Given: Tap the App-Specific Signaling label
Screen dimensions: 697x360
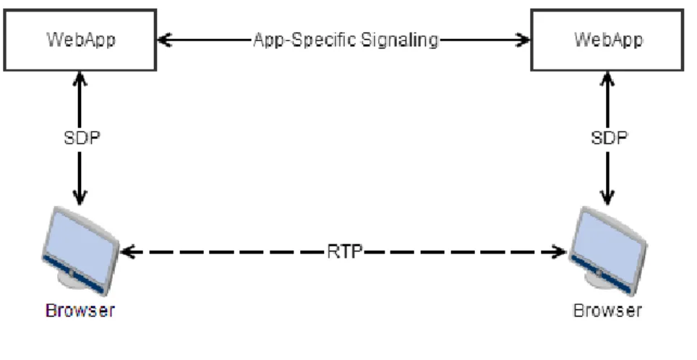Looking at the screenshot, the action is [x=346, y=40].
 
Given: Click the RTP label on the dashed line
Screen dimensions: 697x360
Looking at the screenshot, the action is [x=344, y=252].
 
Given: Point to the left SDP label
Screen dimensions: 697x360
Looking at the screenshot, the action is [x=82, y=138].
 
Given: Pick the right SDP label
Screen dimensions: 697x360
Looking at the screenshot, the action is [x=609, y=138].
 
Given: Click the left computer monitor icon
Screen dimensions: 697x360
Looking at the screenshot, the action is [x=80, y=251].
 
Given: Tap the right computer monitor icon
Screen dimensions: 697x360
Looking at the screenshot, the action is [x=607, y=251].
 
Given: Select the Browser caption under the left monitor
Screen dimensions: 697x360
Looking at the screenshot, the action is [x=80, y=310].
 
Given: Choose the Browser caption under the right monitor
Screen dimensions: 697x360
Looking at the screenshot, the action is [x=607, y=310].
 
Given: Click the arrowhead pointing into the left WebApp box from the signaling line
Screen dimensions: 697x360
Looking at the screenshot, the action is [x=164, y=40].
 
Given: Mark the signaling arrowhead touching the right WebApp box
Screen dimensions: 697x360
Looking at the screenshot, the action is [x=523, y=40].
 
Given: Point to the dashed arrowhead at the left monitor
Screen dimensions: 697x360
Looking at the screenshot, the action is [x=127, y=252].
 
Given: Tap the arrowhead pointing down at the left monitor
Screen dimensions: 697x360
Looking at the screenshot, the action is [x=80, y=198].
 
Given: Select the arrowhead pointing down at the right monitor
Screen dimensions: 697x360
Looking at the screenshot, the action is [x=607, y=198].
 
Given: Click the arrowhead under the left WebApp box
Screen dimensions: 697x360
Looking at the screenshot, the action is [x=80, y=79].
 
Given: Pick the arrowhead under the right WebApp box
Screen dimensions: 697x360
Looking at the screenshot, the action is [x=607, y=79].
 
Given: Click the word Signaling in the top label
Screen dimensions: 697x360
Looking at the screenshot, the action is [x=400, y=40].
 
